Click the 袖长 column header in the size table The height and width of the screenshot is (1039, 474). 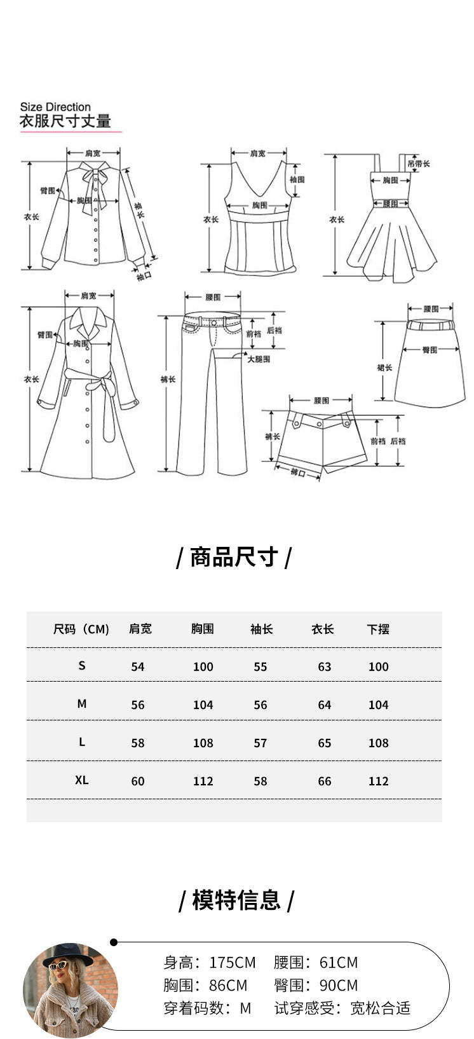(261, 629)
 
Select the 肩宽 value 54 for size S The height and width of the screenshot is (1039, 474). (138, 666)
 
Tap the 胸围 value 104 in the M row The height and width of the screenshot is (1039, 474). (203, 705)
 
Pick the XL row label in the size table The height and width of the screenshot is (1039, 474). (82, 780)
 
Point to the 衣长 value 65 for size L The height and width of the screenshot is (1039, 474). (324, 743)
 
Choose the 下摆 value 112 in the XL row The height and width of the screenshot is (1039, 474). (378, 781)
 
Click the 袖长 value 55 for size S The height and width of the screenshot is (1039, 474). (261, 666)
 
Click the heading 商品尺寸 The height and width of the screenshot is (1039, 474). (234, 557)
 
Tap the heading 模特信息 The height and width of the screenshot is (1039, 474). (236, 900)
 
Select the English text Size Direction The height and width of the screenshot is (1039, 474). (55, 107)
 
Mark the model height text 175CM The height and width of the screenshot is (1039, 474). (233, 963)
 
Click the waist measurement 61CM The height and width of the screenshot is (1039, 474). (339, 963)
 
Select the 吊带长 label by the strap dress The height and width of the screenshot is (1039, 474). (419, 163)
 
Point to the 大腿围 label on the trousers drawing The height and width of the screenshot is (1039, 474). (259, 359)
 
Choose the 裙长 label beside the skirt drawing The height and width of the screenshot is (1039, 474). (384, 368)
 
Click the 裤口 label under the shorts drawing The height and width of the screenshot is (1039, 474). (297, 472)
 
